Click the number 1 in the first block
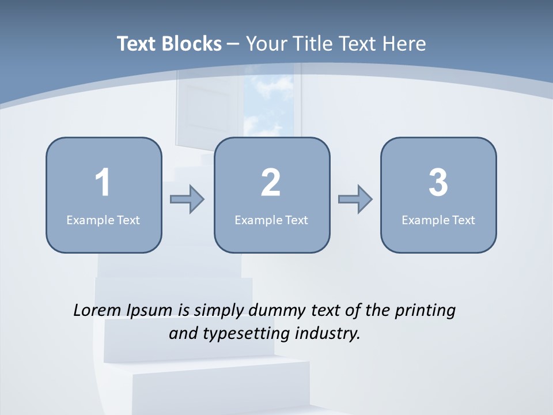(x=103, y=183)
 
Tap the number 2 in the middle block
(x=271, y=183)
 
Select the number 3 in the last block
(x=438, y=183)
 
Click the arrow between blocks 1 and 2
(x=187, y=199)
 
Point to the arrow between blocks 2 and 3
(x=355, y=199)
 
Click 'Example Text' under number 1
(x=103, y=220)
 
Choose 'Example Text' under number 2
(x=271, y=220)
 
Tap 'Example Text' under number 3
(x=438, y=220)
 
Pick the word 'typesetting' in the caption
(x=241, y=334)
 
